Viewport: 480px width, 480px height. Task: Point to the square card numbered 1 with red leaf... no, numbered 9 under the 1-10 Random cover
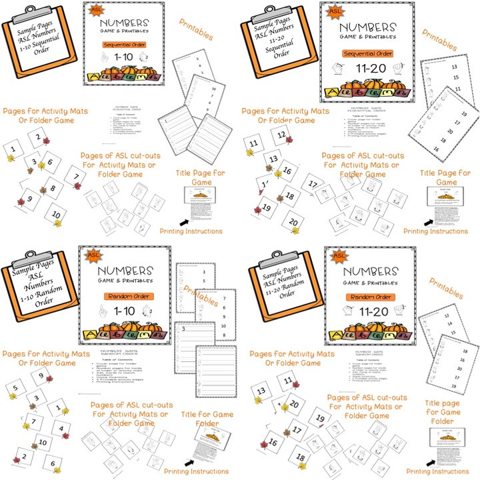pos(41,377)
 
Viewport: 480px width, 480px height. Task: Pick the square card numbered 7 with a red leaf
pos(77,177)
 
